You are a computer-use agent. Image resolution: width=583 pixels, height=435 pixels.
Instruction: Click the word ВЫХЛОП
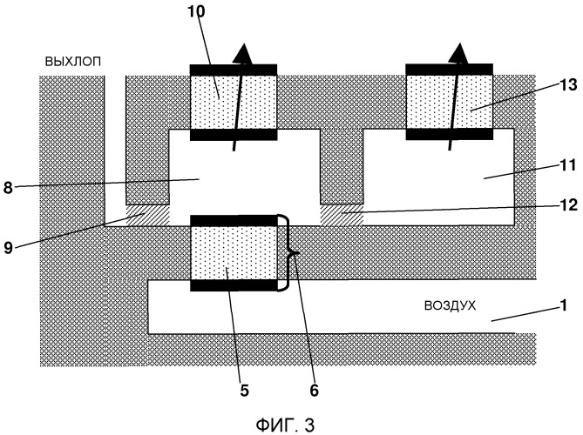(x=75, y=63)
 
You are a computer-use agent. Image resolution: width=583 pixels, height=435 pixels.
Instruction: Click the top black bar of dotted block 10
(x=234, y=69)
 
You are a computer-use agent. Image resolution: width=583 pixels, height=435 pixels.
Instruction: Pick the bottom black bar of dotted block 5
(x=233, y=284)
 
